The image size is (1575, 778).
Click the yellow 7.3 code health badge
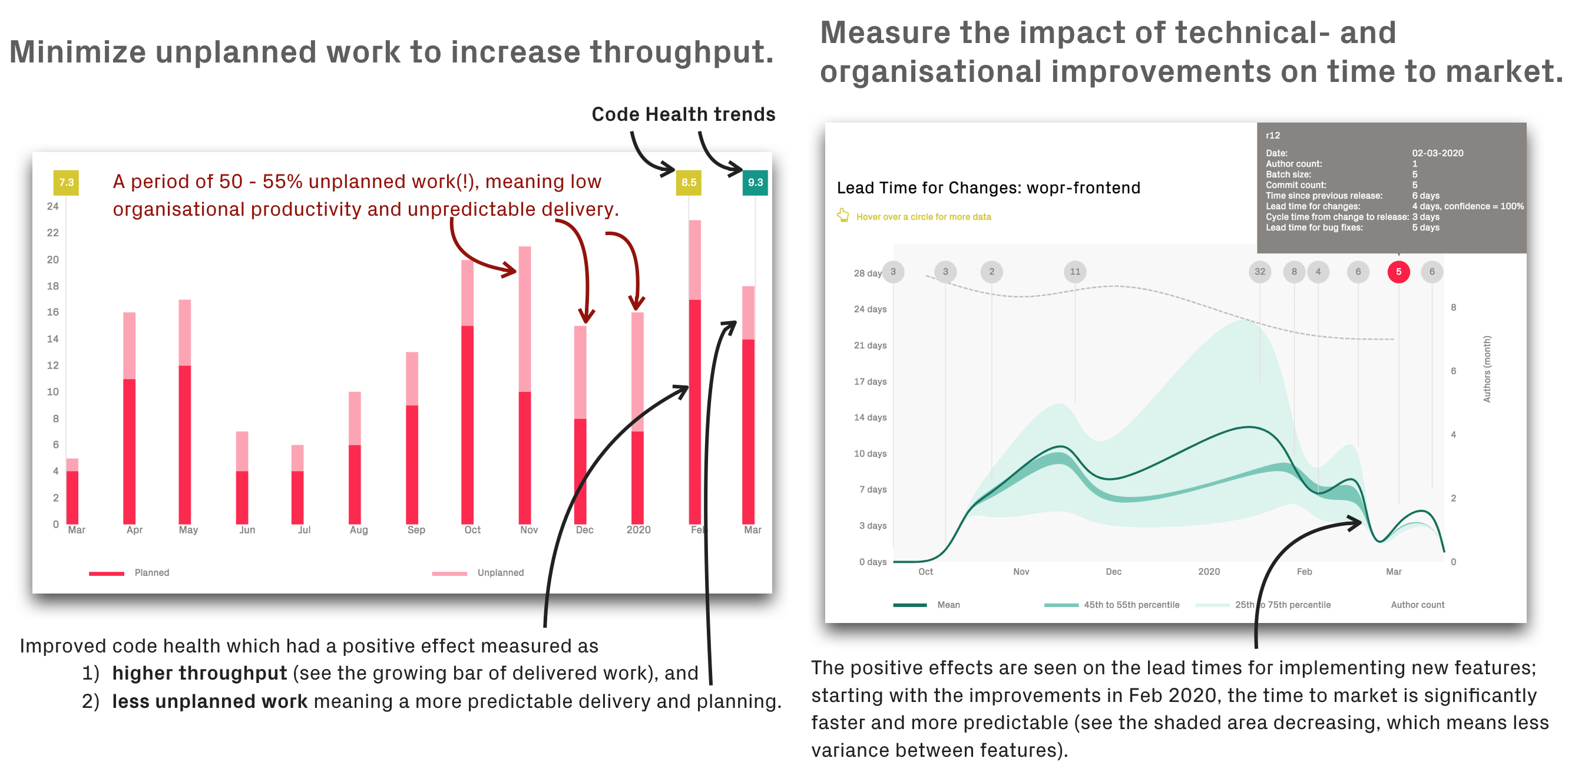tap(66, 182)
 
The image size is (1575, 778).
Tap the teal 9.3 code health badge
tap(755, 182)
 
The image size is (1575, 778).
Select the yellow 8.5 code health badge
tap(689, 182)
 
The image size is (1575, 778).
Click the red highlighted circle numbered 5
tap(1398, 272)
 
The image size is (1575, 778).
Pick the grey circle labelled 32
tap(1259, 272)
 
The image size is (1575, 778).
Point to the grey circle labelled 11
tap(1075, 272)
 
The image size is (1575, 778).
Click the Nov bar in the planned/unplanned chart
tap(525, 385)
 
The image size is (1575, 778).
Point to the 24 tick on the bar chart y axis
tap(53, 206)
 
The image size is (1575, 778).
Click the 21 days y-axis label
tap(869, 345)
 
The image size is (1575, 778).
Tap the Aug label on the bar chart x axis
tap(359, 530)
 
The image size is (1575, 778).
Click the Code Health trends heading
tap(683, 114)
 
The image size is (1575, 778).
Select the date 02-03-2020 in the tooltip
tap(1437, 153)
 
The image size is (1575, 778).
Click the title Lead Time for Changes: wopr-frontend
tap(988, 188)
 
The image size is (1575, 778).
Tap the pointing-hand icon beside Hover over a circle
tap(843, 215)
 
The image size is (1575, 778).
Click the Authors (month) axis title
tap(1487, 369)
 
